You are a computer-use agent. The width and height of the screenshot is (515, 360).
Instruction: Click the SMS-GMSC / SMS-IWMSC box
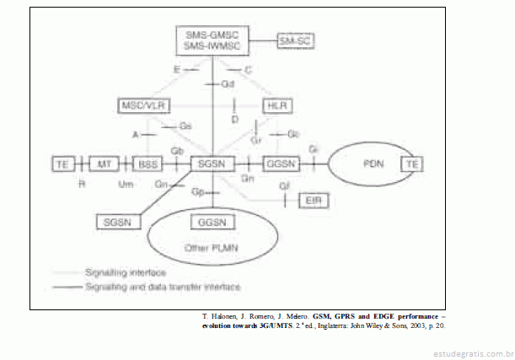[x=211, y=40]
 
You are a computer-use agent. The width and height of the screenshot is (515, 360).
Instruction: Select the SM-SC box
[x=295, y=40]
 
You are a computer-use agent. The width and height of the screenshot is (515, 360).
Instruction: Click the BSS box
[x=148, y=163]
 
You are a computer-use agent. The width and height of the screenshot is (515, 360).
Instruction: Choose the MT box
[x=105, y=163]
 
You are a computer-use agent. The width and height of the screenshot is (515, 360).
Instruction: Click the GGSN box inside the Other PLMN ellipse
[x=209, y=222]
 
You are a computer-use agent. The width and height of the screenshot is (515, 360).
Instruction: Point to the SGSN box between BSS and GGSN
[x=209, y=163]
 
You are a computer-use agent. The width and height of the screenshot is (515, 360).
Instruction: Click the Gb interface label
[x=178, y=150]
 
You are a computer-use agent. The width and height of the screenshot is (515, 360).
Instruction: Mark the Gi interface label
[x=314, y=149]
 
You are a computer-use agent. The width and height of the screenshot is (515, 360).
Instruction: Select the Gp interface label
[x=197, y=192]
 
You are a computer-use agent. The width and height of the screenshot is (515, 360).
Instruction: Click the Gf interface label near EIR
[x=285, y=185]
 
